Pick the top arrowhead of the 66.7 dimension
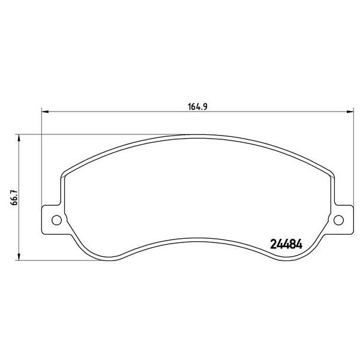[21, 137]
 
